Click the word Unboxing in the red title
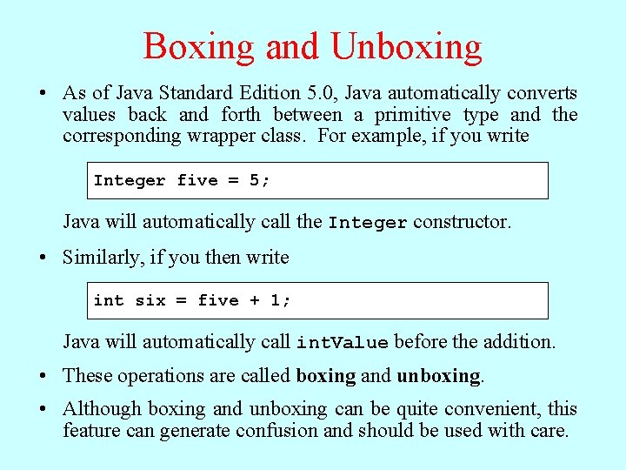coord(408,46)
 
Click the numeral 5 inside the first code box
coord(254,181)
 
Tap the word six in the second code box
coord(150,301)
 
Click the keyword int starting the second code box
coord(109,301)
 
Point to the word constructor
coord(462,222)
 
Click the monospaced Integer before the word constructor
coord(368,223)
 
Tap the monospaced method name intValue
coord(343,343)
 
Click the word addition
coord(519,342)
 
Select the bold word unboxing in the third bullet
coord(438,376)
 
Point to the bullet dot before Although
coord(43,409)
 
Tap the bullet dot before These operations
coord(43,376)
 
